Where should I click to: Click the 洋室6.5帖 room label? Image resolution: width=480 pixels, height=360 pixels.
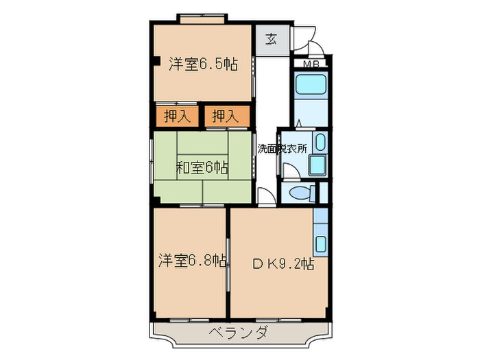point(203,65)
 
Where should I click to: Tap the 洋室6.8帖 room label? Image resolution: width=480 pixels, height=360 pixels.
point(193,261)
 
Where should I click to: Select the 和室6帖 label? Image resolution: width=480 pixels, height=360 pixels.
point(202,167)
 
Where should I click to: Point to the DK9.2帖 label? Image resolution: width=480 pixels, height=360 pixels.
point(283,262)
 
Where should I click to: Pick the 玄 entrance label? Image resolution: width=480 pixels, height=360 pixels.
point(272,39)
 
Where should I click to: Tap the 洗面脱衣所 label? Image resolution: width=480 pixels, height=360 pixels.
point(282,147)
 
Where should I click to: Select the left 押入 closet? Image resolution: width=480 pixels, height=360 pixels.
point(176,117)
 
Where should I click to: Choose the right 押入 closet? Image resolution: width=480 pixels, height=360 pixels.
point(225,117)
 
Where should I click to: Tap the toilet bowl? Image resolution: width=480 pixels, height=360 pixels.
point(299,193)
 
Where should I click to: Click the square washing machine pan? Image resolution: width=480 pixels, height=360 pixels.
point(317,165)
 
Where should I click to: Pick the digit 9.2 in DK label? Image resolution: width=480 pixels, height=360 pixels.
point(292,262)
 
